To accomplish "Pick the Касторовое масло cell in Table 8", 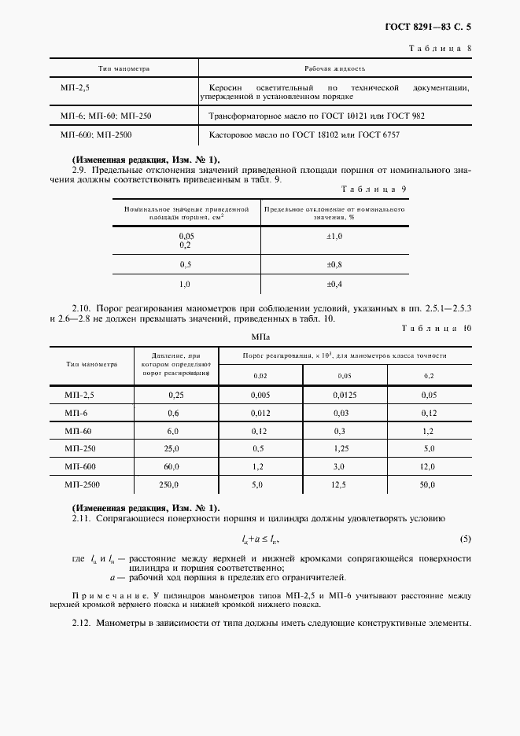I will point(304,135).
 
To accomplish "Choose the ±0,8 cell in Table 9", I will point(334,264).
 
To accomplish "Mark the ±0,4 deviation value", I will point(334,284).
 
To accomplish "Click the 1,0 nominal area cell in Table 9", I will point(186,284).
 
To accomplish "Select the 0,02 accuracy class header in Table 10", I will point(260,377).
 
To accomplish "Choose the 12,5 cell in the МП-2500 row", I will point(339,485).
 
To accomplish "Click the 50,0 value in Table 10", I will point(427,485).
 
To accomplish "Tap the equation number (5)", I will point(465,539).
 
